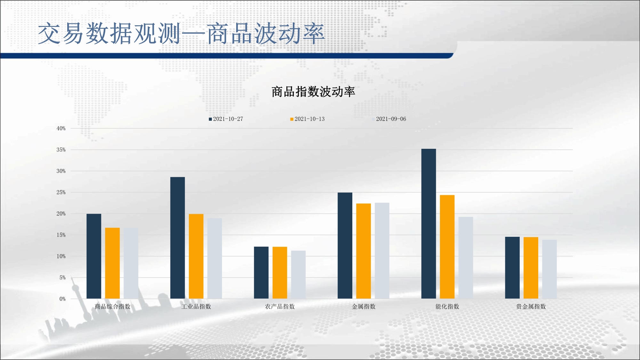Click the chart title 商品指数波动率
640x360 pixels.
(313, 92)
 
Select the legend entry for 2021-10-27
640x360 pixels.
(226, 119)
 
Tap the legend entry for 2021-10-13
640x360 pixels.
(308, 119)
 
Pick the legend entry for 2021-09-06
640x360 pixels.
(389, 119)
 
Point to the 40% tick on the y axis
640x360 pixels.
(61, 128)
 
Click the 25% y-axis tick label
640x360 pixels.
(61, 192)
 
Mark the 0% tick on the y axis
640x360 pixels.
(62, 299)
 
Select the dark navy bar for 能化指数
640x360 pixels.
(428, 224)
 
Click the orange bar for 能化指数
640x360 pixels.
(447, 247)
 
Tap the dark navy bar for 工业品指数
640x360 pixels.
(178, 238)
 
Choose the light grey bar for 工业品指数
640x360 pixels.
(215, 259)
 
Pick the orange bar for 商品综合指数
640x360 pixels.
(112, 263)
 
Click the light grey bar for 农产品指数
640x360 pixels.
(298, 275)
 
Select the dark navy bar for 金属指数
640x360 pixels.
(345, 246)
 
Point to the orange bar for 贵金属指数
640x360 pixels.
(531, 268)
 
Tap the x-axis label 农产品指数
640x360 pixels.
(280, 307)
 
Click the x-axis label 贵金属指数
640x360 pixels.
(531, 307)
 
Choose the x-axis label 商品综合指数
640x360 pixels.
(113, 307)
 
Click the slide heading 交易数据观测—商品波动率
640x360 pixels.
(181, 34)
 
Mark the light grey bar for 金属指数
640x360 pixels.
(382, 251)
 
